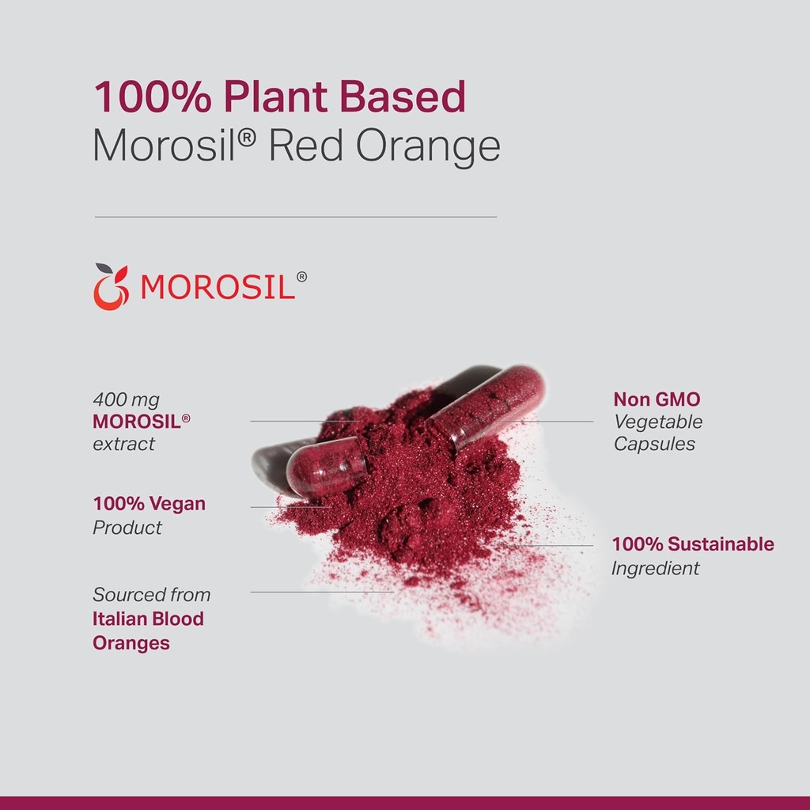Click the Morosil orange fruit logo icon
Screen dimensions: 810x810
(111, 286)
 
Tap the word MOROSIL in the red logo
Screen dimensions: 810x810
(218, 287)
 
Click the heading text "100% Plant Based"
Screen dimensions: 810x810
(279, 97)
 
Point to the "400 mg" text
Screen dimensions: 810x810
(126, 399)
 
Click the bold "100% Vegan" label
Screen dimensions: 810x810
(149, 504)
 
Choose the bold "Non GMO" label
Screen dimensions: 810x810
(657, 399)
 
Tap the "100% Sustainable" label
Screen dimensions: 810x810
(693, 544)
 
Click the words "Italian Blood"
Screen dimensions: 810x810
(148, 619)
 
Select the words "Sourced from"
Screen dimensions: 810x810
(151, 594)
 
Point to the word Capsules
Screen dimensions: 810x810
(654, 444)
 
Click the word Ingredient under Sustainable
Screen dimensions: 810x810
(655, 568)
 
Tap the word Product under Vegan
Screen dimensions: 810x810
(127, 528)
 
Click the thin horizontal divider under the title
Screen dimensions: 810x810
(295, 216)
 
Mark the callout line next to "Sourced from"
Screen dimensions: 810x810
(321, 592)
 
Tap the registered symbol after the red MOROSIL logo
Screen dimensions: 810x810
(301, 277)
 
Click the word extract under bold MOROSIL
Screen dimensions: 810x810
(124, 444)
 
